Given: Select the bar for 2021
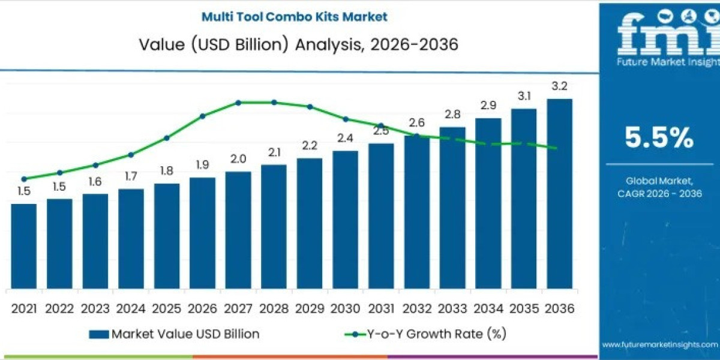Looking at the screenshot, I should [23, 246].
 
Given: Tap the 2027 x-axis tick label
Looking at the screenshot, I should [238, 308].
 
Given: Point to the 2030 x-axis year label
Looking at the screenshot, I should [345, 308].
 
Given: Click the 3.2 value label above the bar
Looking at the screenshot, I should [559, 86].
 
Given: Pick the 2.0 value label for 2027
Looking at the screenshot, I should [238, 159].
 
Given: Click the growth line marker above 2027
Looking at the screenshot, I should [238, 103].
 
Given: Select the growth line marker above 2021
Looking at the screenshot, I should [24, 179].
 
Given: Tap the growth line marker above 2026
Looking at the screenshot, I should [202, 116].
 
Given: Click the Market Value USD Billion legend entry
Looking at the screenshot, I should [175, 334].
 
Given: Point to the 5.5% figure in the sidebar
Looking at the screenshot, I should [659, 139].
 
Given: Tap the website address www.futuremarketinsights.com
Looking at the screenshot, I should [659, 344].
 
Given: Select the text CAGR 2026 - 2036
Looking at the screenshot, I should [659, 193].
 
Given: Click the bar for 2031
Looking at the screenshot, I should [381, 216].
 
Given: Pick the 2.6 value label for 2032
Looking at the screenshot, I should [416, 122].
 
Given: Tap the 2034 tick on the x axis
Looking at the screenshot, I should [488, 308].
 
